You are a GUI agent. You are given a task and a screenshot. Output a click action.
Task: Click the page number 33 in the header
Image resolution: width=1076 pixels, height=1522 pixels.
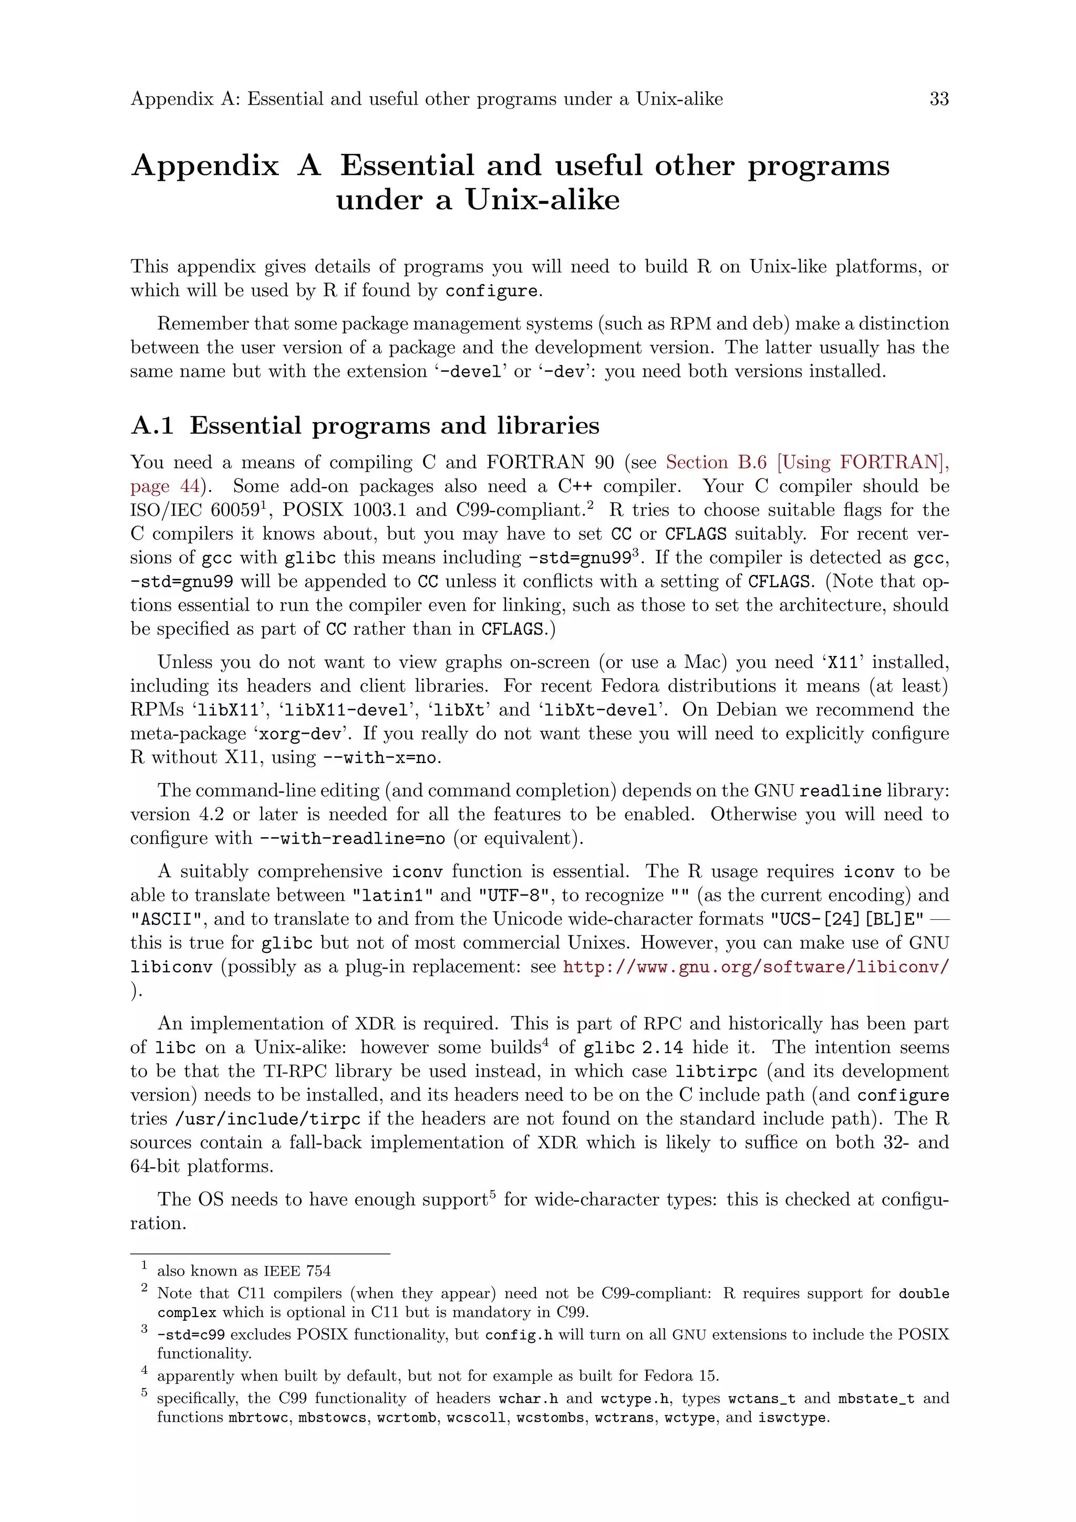[939, 99]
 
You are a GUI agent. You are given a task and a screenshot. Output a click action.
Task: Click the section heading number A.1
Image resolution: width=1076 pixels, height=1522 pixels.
[152, 426]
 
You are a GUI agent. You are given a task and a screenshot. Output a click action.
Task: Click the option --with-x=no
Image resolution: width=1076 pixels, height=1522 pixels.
[380, 758]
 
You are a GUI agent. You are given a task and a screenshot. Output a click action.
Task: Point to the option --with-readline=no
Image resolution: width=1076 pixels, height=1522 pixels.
[352, 839]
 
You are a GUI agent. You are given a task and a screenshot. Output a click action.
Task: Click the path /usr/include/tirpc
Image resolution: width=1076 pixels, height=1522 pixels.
[267, 1119]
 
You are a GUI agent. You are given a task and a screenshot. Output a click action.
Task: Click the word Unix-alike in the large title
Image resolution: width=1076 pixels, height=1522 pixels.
[542, 200]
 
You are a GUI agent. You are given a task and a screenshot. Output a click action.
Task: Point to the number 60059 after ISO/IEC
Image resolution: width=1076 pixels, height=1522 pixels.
[234, 510]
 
